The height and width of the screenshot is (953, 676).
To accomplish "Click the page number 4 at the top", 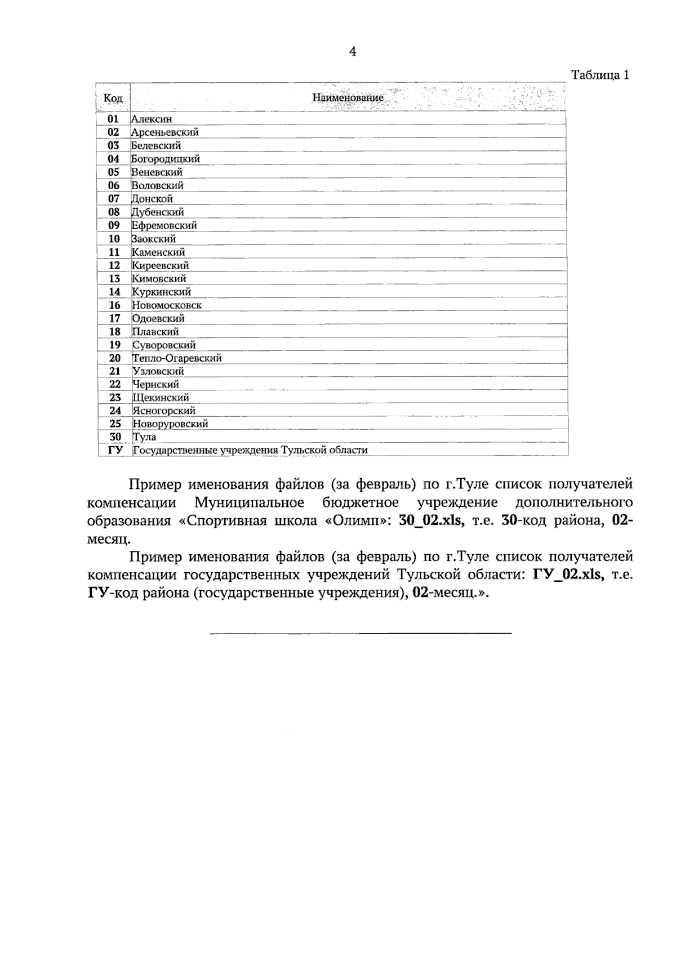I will click(x=353, y=52).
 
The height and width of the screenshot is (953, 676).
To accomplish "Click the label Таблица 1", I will click(x=600, y=75).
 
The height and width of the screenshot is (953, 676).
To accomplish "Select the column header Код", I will click(x=113, y=98).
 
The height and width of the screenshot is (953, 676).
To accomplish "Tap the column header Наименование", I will click(x=348, y=97).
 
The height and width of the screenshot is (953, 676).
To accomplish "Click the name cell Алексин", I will click(x=152, y=119).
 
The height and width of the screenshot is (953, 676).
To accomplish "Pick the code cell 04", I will click(x=114, y=159).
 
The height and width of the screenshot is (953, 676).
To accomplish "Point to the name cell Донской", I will click(x=152, y=199).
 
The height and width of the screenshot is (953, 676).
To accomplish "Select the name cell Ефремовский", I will click(x=164, y=225).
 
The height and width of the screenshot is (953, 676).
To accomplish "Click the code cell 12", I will click(x=114, y=265).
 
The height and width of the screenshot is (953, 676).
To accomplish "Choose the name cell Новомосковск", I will click(x=167, y=305).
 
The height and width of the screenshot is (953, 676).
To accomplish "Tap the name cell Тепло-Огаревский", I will click(x=177, y=358).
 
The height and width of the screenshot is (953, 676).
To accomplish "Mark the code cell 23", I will click(x=115, y=398).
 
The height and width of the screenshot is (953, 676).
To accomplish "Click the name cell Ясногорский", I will click(x=164, y=411).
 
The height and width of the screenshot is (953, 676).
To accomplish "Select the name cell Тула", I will click(x=145, y=437).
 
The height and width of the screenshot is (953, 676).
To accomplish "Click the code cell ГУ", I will click(x=115, y=450).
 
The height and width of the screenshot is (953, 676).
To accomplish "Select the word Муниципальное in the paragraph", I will click(x=249, y=502).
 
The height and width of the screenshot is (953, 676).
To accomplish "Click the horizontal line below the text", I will click(x=361, y=634).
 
